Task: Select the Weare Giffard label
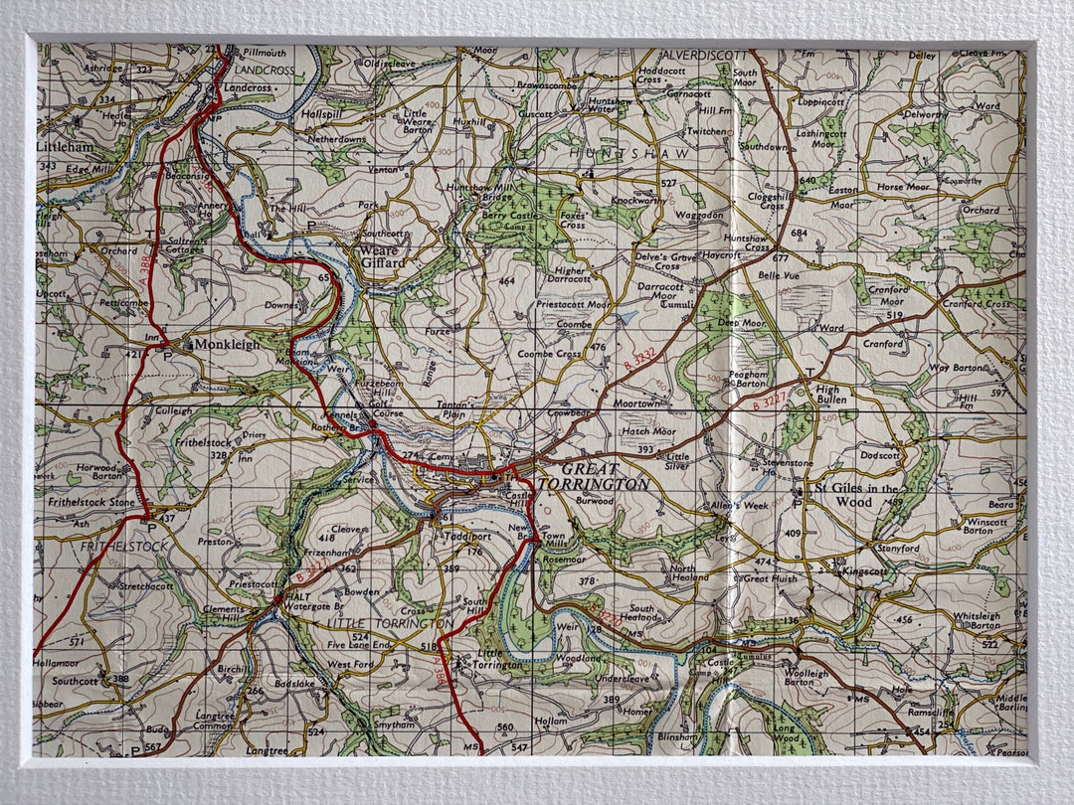[383, 256]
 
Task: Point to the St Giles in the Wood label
[856, 495]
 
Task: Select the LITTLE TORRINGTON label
[391, 623]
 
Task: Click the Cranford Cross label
[977, 304]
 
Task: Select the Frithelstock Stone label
[90, 503]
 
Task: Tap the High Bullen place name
[827, 394]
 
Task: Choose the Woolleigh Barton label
[805, 678]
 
